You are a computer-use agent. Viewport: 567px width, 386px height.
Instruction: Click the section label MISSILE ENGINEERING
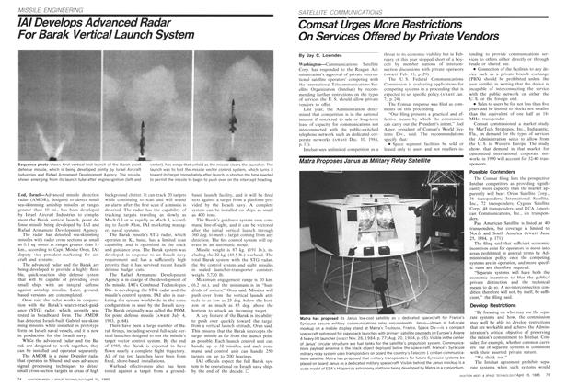pos(34,8)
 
